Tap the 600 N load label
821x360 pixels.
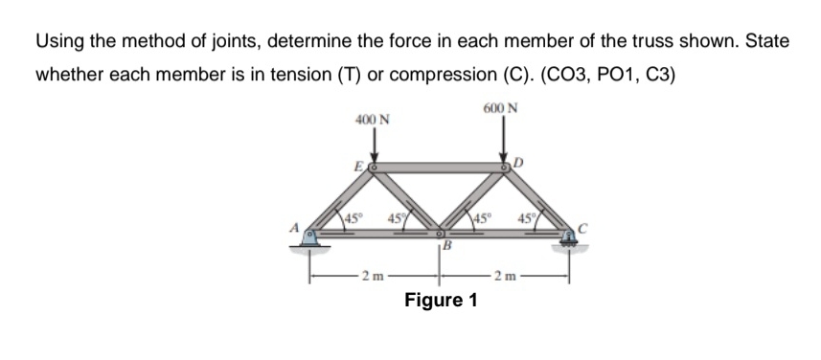(x=502, y=107)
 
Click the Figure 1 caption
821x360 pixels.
(x=440, y=302)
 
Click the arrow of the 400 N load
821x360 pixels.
(x=375, y=146)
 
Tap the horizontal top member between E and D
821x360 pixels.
(x=440, y=168)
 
